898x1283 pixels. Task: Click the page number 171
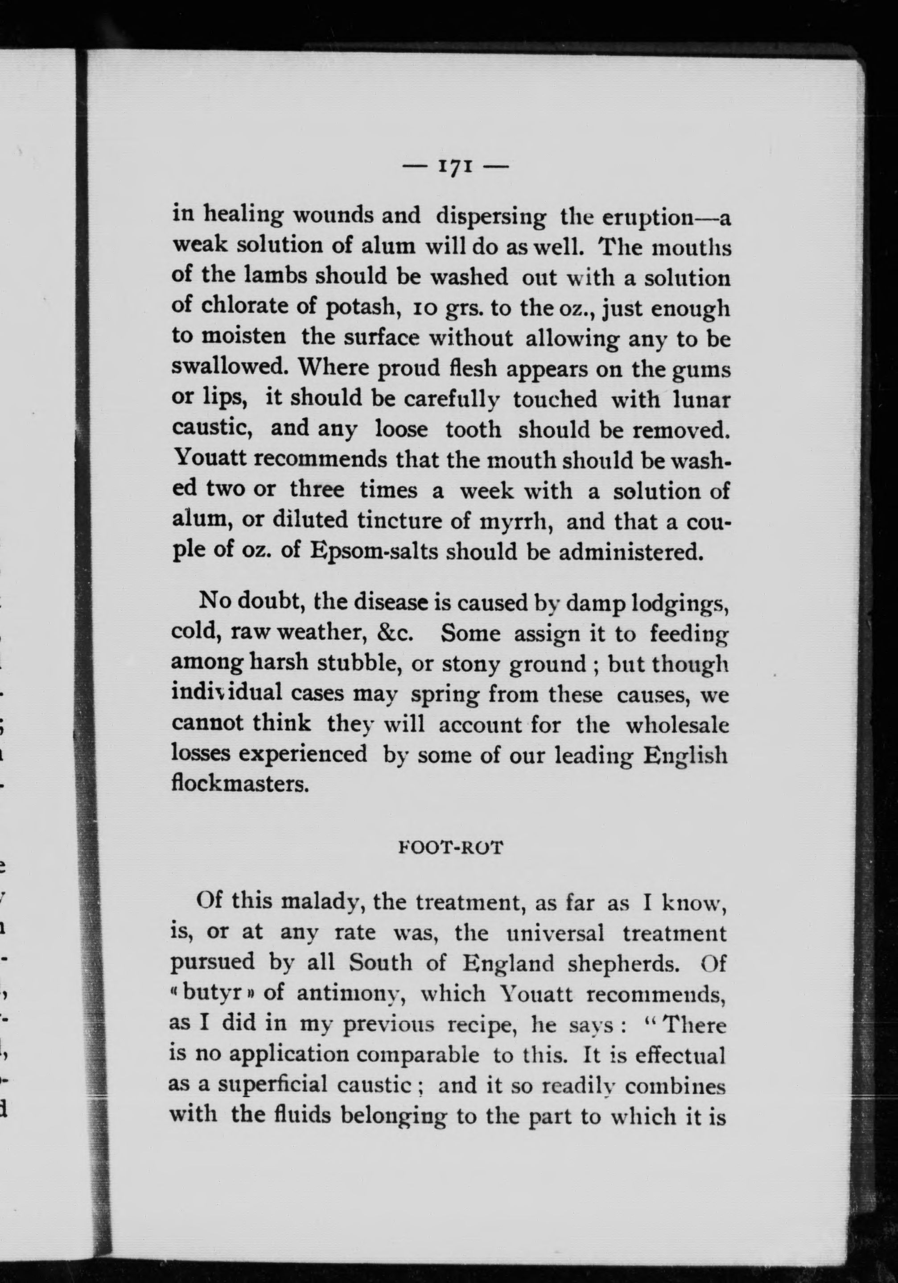(x=456, y=166)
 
